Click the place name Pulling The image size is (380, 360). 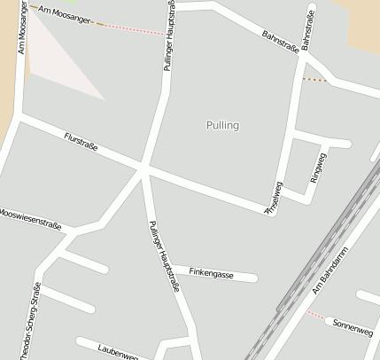(x=221, y=125)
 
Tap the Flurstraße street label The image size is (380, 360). (x=81, y=141)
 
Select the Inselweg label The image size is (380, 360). (x=275, y=195)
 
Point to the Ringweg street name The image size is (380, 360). (x=318, y=168)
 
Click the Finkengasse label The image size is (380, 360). (x=212, y=275)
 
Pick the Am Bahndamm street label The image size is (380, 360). (x=332, y=277)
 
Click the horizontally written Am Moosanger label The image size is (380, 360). (x=65, y=15)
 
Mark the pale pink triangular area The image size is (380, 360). (x=58, y=71)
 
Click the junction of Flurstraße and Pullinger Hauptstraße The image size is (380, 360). (x=143, y=167)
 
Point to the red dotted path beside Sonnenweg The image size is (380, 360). (x=314, y=314)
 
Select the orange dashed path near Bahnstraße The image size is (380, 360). (x=314, y=80)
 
